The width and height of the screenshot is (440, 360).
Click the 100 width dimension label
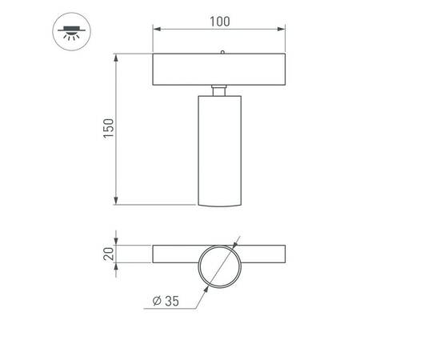218,21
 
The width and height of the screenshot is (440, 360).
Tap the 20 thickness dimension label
110,254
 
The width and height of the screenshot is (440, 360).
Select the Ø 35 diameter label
165,301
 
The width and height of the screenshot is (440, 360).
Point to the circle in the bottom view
218,265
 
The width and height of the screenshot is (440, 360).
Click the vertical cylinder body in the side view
218,148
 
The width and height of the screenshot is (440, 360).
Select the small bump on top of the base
222,52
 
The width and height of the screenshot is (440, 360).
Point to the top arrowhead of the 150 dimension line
117,57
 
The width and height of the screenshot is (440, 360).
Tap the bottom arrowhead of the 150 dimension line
117,201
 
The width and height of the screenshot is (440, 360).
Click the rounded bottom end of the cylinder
218,204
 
